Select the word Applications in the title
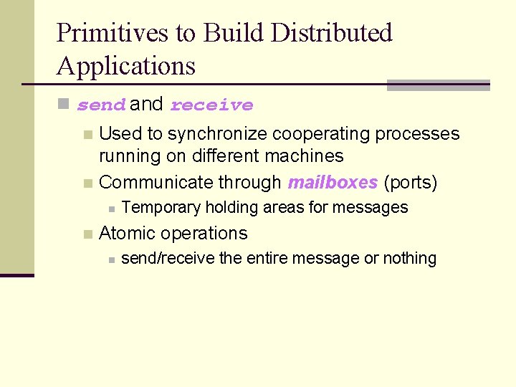pyautogui.click(x=125, y=66)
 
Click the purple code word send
pyautogui.click(x=101, y=105)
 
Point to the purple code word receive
pyautogui.click(x=211, y=105)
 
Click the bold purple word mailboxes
pyautogui.click(x=332, y=183)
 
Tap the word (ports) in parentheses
pyautogui.click(x=410, y=183)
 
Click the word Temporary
pyautogui.click(x=161, y=208)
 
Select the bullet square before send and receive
pyautogui.click(x=64, y=105)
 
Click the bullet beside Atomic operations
pyautogui.click(x=87, y=234)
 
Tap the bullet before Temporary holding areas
pyautogui.click(x=110, y=209)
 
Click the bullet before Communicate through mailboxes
pyautogui.click(x=87, y=183)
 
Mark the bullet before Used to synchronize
pyautogui.click(x=87, y=135)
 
